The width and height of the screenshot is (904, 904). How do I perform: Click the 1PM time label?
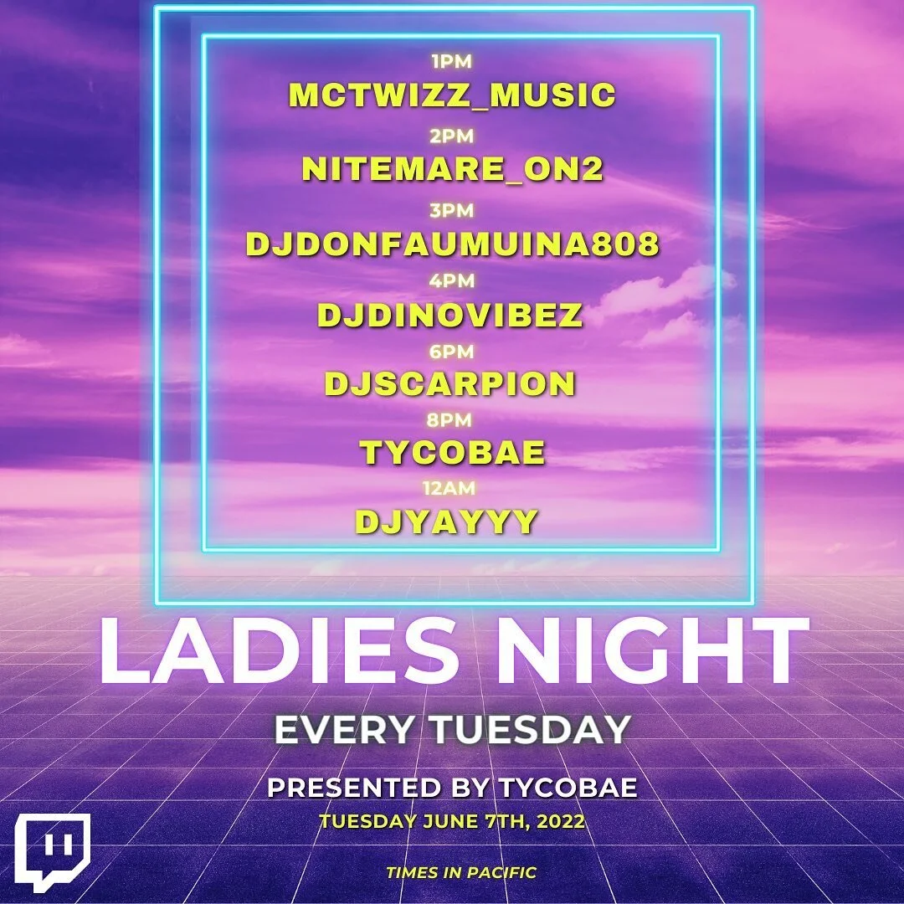452,62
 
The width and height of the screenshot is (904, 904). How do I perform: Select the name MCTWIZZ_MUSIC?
452,95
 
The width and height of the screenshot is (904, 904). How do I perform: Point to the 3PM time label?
452,212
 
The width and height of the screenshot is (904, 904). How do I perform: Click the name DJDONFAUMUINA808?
452,244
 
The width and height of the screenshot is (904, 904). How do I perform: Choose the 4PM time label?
452,282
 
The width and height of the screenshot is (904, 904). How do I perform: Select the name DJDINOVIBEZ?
450,316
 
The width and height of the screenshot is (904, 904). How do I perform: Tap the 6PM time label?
452,352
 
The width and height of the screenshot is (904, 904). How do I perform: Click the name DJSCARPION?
450,383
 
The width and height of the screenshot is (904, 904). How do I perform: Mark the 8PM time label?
452,420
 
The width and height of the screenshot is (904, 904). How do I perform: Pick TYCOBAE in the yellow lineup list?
452,453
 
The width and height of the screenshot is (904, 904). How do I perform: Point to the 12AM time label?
452,489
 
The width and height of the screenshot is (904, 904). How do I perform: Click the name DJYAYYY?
446,521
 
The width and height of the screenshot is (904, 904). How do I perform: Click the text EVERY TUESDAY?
452,730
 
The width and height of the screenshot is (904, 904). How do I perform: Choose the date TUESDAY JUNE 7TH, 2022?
452,821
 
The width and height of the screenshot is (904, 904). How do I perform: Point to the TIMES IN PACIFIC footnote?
461,872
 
